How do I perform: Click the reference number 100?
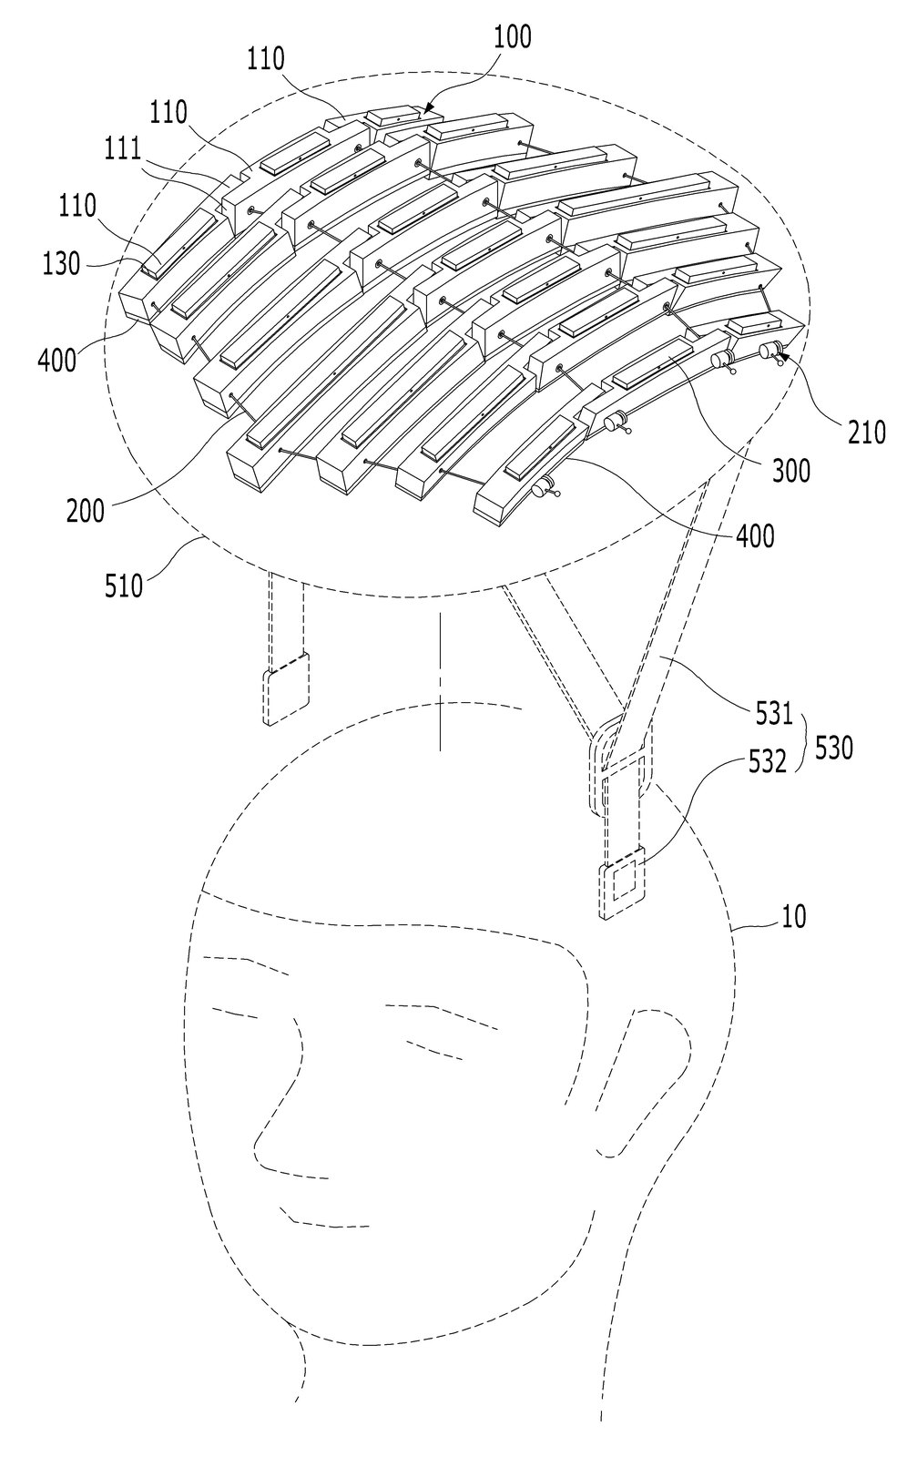[x=513, y=38]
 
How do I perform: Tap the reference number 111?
[x=123, y=150]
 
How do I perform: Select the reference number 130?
[x=60, y=264]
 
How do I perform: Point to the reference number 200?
[x=86, y=511]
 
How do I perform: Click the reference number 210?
[x=866, y=432]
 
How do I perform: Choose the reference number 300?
[x=791, y=471]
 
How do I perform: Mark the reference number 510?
[x=124, y=586]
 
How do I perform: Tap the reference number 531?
[x=774, y=714]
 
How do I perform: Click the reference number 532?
[x=767, y=761]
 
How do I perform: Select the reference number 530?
[x=833, y=748]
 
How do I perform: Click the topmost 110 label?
[x=266, y=59]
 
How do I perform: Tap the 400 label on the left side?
[x=56, y=360]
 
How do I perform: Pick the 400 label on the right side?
[x=756, y=536]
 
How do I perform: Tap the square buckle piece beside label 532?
[x=623, y=882]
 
